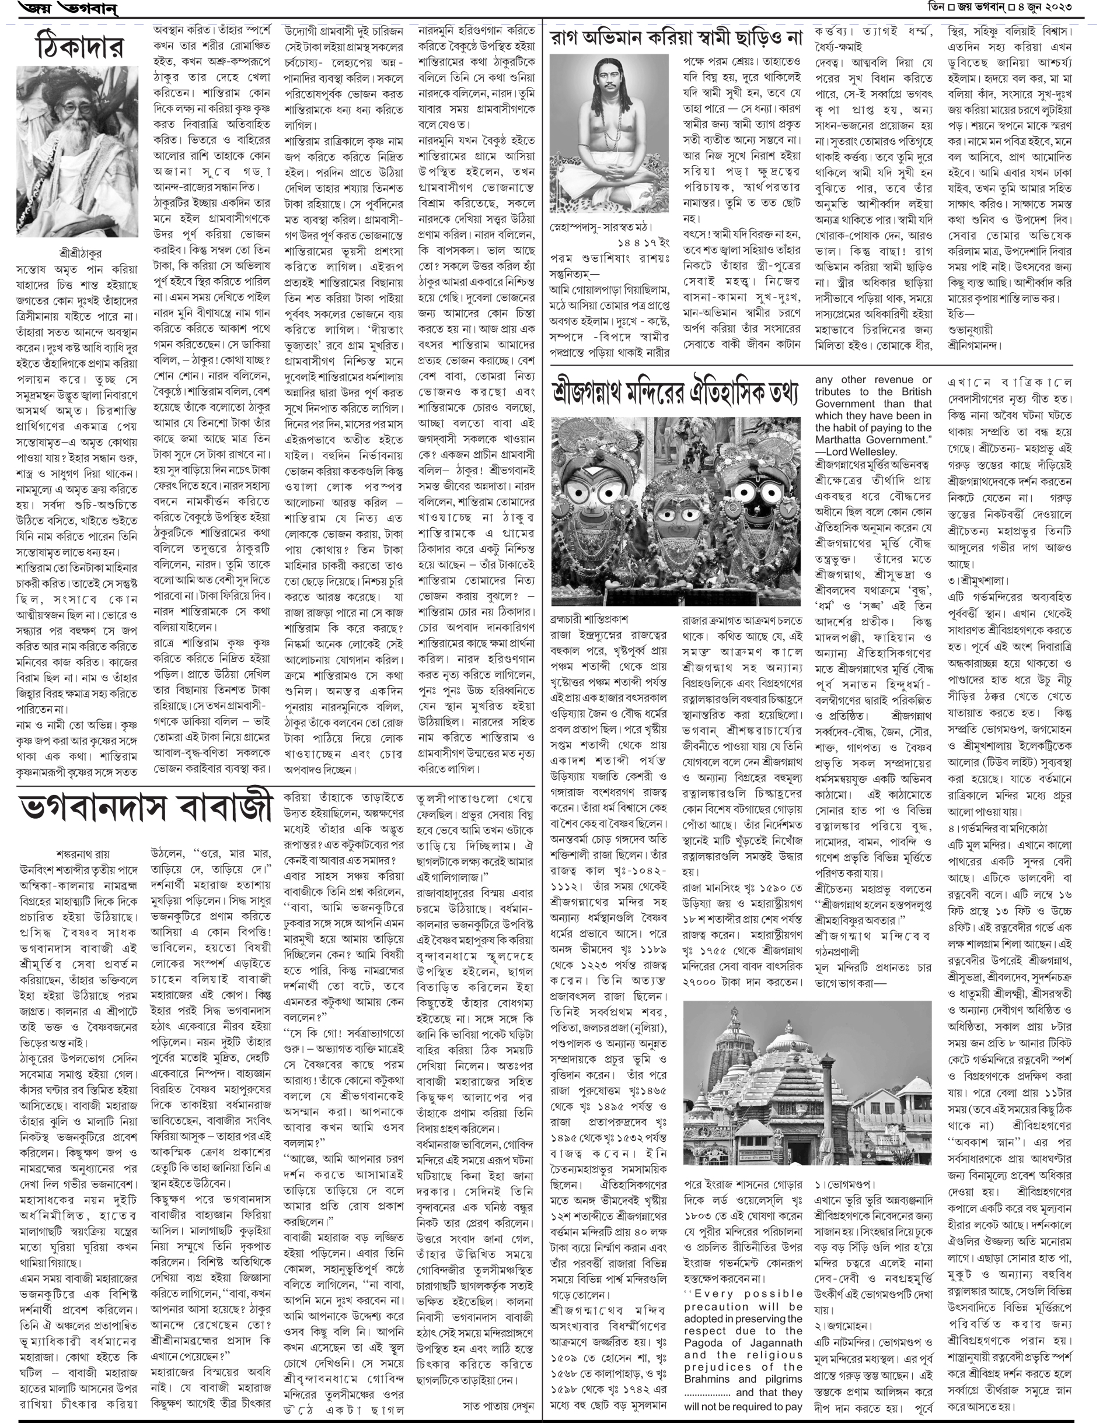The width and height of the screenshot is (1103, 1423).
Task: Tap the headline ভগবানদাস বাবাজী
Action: tap(145, 807)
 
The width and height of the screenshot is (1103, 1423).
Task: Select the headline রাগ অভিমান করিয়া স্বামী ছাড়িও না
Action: tap(675, 38)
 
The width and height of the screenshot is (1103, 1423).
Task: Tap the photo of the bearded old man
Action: tap(77, 150)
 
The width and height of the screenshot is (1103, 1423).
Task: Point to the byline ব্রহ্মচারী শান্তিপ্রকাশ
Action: tap(589, 618)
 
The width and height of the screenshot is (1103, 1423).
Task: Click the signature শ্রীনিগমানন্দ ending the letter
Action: tap(975, 345)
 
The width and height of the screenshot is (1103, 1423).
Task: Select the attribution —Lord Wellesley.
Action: tap(856, 451)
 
